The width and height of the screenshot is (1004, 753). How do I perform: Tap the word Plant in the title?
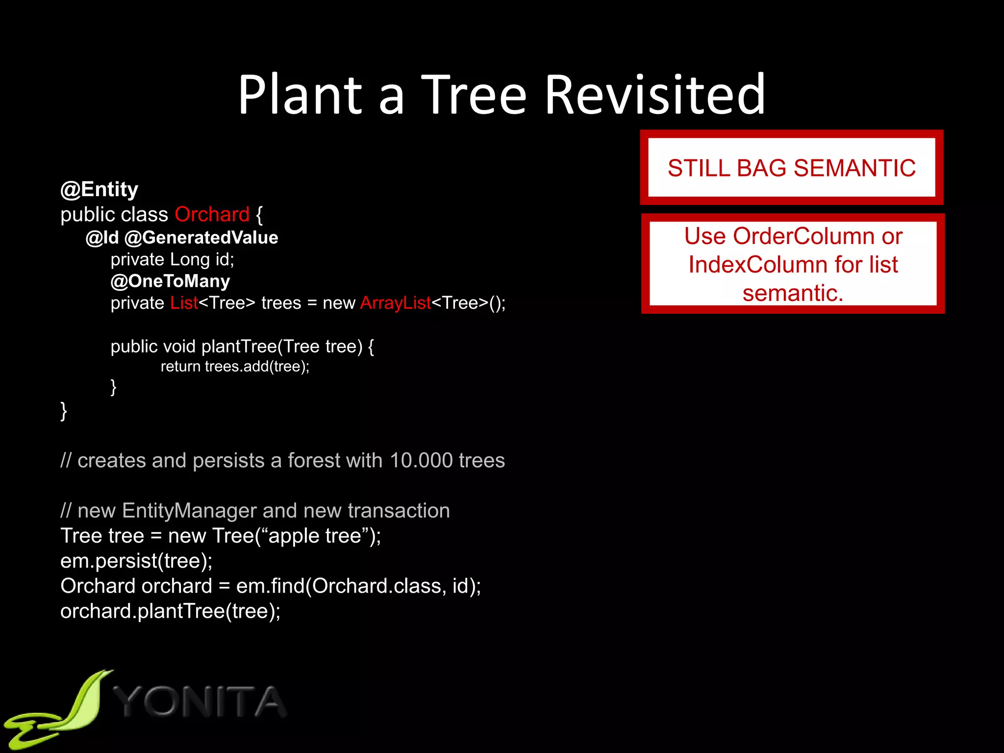pos(300,94)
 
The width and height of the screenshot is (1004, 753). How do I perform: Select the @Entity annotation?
pos(99,189)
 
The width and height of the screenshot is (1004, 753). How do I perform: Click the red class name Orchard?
pos(212,214)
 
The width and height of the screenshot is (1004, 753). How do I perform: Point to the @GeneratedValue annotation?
pos(201,238)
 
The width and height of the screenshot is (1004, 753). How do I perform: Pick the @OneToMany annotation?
pos(170,281)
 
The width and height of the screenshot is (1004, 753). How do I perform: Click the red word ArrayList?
pos(395,303)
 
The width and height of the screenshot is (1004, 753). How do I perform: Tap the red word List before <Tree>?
pos(184,303)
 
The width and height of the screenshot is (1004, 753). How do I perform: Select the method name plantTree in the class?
pos(239,347)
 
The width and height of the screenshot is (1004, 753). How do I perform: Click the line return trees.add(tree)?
pos(235,367)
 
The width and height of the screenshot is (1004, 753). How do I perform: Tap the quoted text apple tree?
pos(315,536)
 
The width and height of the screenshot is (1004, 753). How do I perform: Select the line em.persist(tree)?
pos(136,561)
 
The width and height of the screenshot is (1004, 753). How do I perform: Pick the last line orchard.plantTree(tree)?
pos(170,611)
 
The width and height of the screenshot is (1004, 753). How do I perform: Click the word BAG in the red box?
pos(762,168)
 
